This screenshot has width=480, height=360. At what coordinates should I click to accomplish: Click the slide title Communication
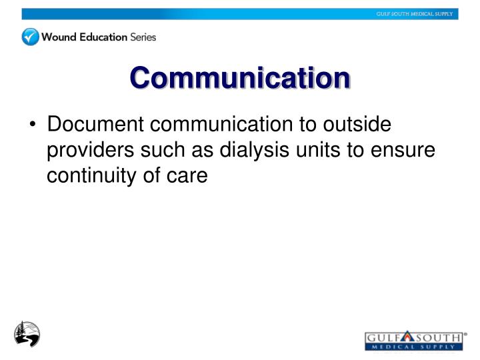(x=240, y=77)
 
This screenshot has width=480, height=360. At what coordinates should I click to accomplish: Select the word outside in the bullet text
(x=363, y=125)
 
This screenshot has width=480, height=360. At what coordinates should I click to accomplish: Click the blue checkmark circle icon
(x=31, y=37)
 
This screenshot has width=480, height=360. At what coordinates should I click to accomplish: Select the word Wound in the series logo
(x=58, y=37)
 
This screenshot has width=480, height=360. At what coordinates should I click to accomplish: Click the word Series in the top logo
(x=143, y=37)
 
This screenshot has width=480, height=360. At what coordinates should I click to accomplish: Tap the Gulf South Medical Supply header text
(x=415, y=14)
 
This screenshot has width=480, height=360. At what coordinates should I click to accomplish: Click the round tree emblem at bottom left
(x=27, y=333)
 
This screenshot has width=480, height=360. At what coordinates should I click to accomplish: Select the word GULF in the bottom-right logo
(x=382, y=338)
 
